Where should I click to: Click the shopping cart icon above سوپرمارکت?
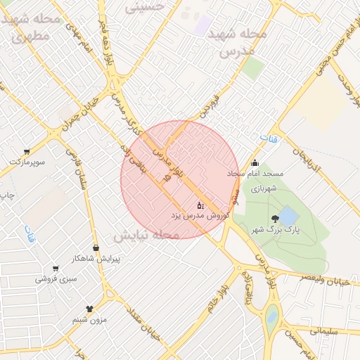(x=27, y=151)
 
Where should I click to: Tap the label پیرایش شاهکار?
(x=96, y=258)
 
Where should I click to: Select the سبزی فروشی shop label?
(x=55, y=278)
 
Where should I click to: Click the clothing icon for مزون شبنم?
(x=89, y=309)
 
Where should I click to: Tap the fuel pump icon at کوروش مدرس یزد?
(x=200, y=206)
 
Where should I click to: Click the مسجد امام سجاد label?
(x=255, y=173)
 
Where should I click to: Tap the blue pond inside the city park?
(x=288, y=214)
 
